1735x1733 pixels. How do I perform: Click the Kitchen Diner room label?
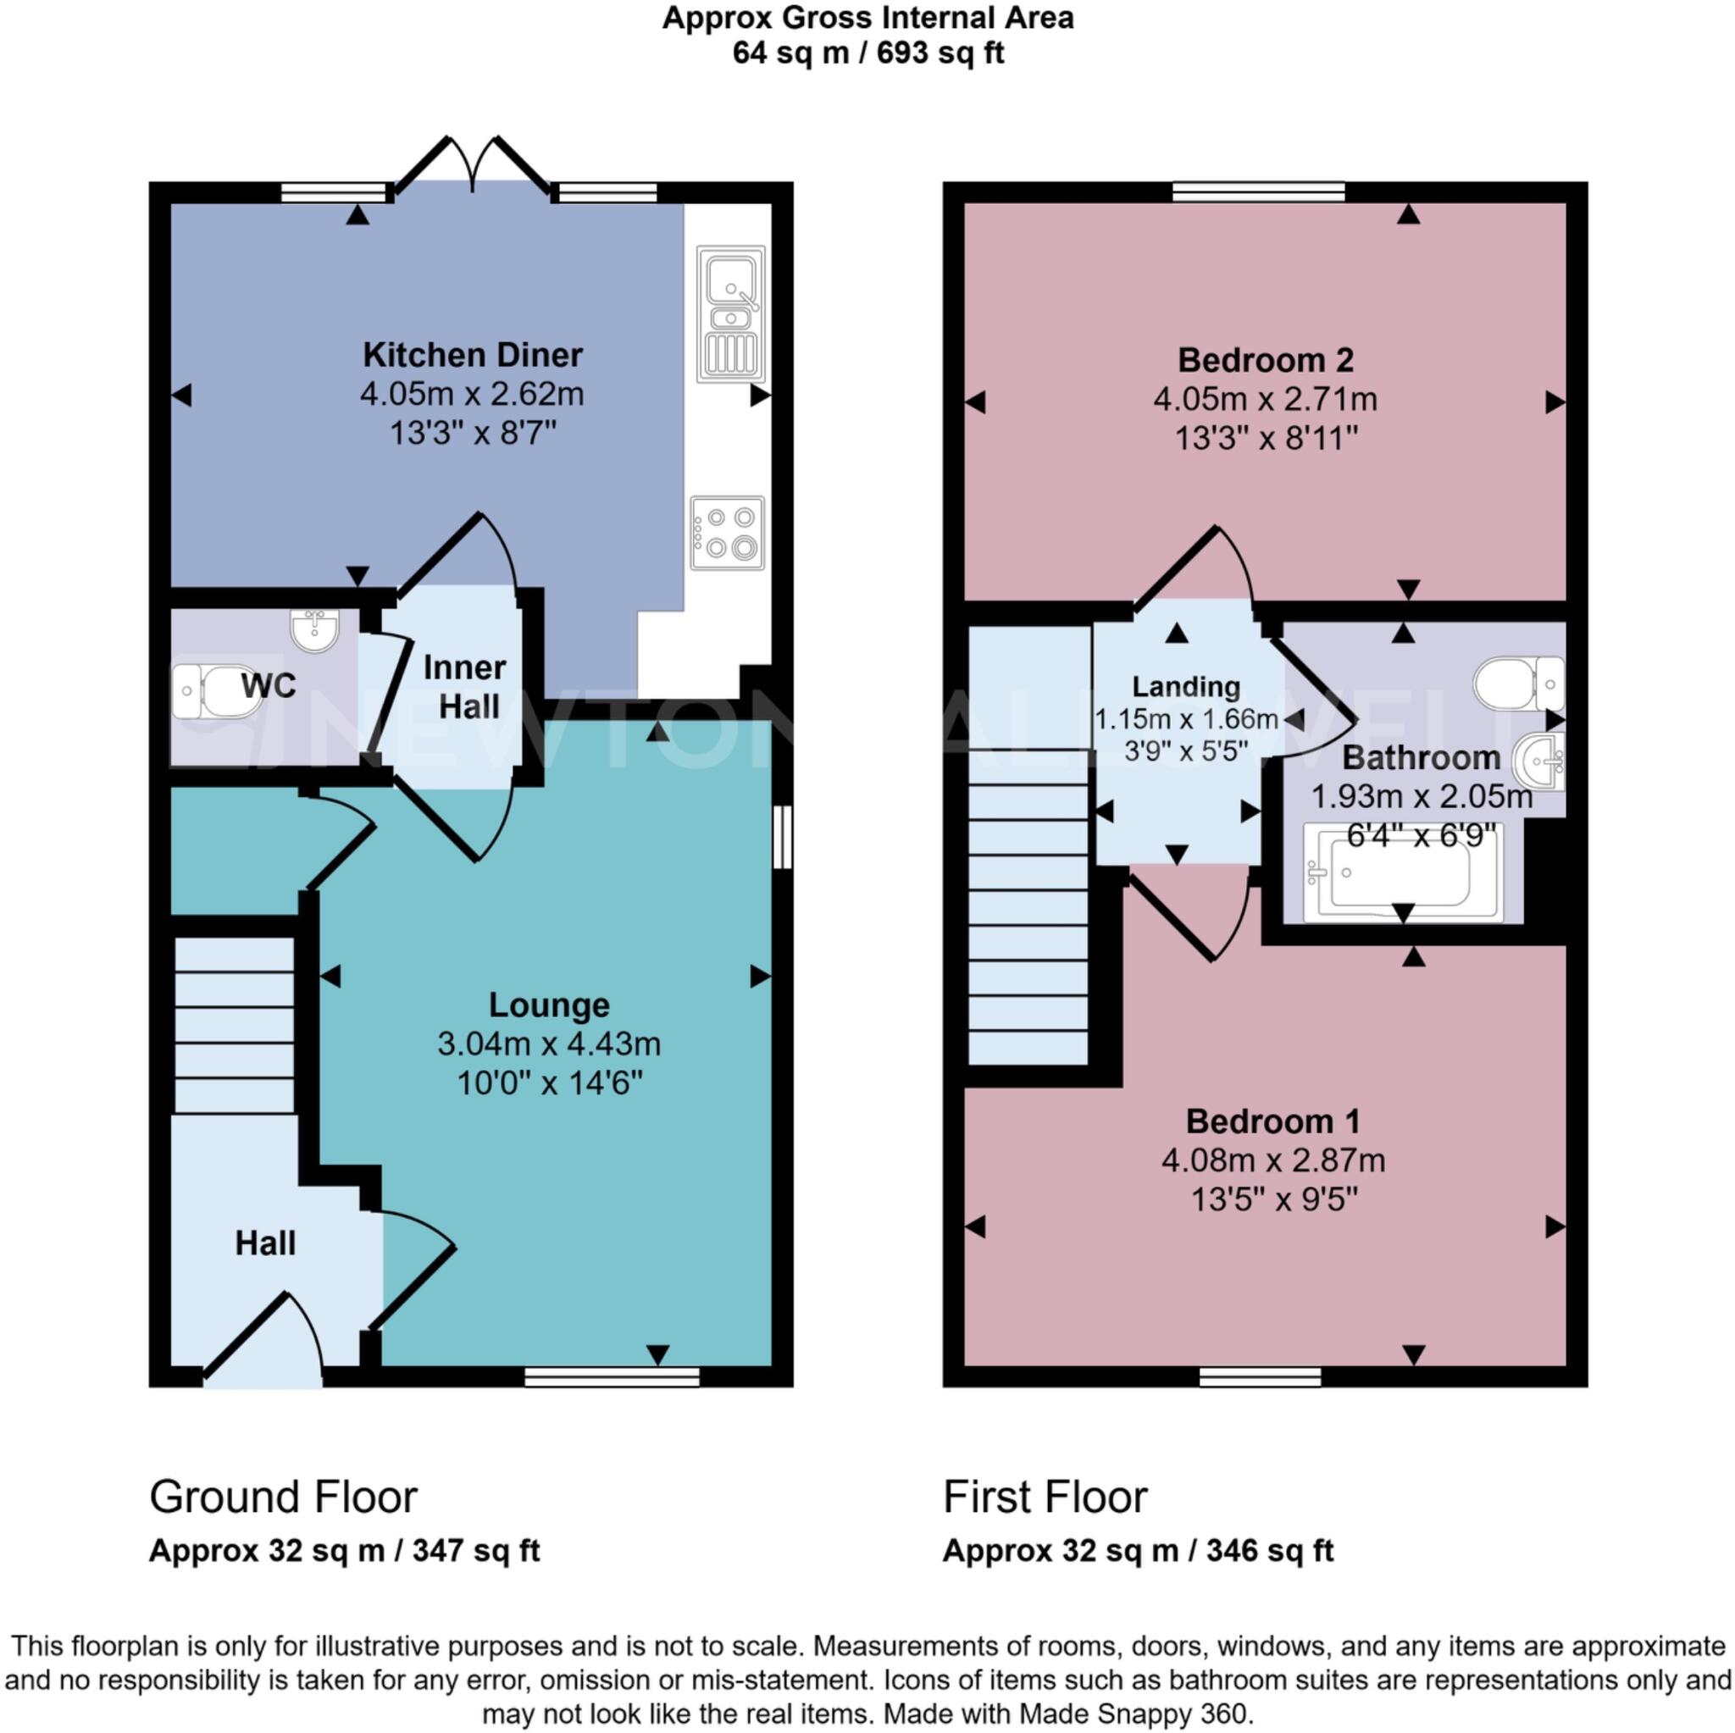473,355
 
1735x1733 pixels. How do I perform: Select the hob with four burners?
728,533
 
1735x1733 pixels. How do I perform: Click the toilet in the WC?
214,691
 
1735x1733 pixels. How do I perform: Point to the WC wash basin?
314,629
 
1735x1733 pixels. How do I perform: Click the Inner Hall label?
464,687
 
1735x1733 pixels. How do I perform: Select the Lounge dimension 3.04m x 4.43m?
549,1044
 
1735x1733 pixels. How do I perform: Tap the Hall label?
265,1243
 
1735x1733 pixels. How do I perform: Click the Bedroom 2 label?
1265,360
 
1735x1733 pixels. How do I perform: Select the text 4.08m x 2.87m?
1272,1160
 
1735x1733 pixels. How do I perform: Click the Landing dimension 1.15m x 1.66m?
1185,719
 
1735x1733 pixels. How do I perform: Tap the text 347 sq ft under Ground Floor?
476,1575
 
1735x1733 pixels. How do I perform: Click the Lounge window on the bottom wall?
612,1376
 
